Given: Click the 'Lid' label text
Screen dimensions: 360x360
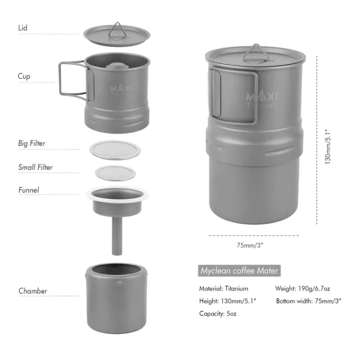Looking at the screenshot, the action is pos(23,28).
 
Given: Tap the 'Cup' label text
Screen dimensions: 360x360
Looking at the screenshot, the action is pos(24,76).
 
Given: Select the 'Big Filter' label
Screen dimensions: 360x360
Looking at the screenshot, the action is pos(31,143).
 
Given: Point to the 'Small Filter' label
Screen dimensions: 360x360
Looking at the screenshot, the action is pos(35,167).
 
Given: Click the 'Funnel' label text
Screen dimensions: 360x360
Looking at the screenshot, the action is pos(29,190).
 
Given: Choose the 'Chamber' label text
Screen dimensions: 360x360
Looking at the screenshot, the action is pos(33,291).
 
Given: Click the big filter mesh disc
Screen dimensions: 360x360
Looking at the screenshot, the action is pos(115,150).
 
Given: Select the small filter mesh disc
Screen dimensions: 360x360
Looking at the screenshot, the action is pos(115,173).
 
